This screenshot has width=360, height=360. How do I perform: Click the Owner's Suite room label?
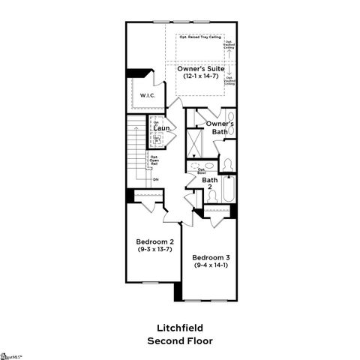(202, 68)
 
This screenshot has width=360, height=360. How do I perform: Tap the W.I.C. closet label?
(146, 95)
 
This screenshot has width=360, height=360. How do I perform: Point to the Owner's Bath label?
(220, 127)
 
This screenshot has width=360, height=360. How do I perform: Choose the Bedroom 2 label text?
(154, 241)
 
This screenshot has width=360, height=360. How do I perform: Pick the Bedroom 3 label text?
(212, 257)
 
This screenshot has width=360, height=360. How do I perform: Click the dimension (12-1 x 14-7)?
(202, 76)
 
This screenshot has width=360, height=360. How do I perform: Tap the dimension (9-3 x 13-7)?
(154, 249)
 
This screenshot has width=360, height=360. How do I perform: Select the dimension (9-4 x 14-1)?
(212, 265)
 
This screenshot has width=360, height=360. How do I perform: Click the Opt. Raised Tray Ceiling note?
(199, 36)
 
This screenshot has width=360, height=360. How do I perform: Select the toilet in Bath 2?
(211, 195)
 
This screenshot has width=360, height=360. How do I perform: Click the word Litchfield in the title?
(179, 328)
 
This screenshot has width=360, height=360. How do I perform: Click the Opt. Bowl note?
(202, 170)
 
